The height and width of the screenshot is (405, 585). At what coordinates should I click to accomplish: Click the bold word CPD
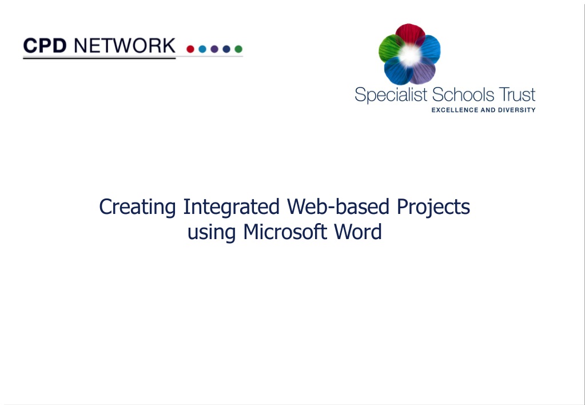(45, 46)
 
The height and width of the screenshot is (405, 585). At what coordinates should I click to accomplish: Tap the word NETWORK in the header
(125, 46)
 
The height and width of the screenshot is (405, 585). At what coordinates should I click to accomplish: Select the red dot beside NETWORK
(190, 49)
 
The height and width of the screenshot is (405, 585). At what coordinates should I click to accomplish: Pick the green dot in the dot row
(238, 49)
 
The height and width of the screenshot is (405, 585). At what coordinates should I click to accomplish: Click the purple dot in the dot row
(214, 49)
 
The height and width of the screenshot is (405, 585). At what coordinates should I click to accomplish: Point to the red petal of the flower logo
(409, 34)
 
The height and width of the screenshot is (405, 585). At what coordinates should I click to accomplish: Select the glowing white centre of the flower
(409, 55)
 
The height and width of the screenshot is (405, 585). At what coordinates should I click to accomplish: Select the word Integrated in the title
(231, 207)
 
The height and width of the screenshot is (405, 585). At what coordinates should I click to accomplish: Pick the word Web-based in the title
(338, 207)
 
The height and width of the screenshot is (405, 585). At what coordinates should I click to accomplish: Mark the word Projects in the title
(433, 207)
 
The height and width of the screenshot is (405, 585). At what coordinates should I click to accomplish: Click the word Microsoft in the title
(285, 232)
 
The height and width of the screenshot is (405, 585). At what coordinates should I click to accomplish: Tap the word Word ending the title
(358, 232)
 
